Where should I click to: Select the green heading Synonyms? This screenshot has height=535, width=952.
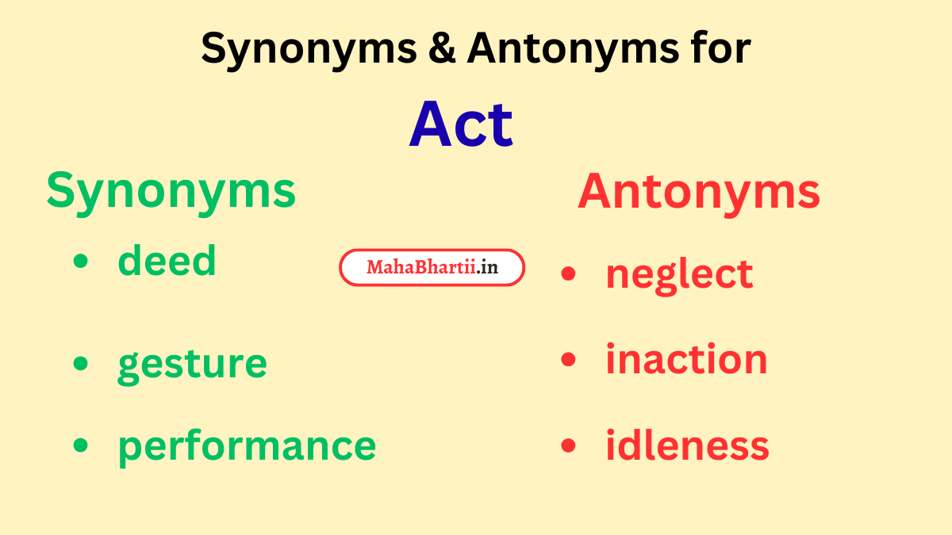(171, 192)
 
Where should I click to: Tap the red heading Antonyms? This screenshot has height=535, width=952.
(698, 192)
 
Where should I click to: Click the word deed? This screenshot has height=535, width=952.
(167, 260)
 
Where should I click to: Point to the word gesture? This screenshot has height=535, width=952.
(192, 364)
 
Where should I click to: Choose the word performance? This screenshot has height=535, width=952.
(247, 445)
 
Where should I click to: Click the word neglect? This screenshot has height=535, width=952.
(679, 274)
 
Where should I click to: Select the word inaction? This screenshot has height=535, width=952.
(686, 359)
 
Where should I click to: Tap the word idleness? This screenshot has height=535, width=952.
(687, 445)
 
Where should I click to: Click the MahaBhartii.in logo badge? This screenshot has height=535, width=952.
(432, 268)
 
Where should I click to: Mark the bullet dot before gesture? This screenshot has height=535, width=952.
(80, 362)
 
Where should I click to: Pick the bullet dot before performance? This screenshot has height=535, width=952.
(80, 445)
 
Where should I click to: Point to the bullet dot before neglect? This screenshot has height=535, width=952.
(568, 273)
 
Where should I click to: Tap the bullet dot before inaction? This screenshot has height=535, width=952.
(568, 359)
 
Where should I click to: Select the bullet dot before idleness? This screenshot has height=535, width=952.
(568, 445)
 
